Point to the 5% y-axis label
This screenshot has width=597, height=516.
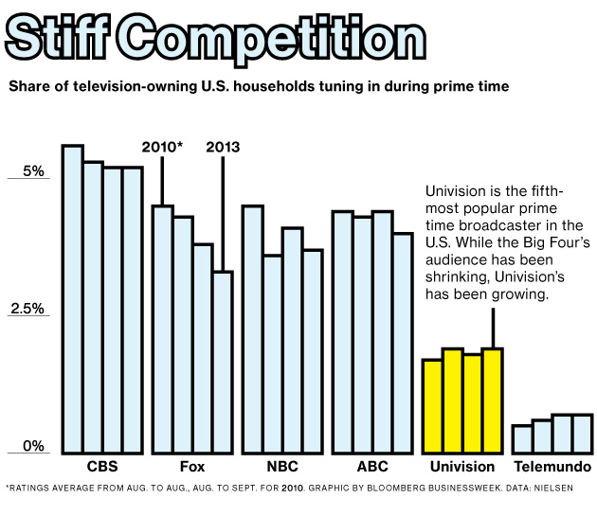coord(33,171)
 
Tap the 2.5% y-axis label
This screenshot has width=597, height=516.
coord(27,309)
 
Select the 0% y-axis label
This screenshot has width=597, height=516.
coord(33,446)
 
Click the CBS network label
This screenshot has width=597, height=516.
coord(102,468)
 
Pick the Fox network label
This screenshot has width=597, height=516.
coord(192,468)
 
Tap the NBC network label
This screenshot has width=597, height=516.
coord(282,468)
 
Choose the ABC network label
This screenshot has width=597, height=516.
coord(372,468)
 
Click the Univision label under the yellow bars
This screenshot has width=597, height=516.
coord(462,468)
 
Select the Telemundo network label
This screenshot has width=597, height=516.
coord(552,468)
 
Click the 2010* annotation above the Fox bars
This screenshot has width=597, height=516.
coord(162,148)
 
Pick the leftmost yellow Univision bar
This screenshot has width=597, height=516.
coord(432,406)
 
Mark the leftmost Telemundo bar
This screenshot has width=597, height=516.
coord(522,439)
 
